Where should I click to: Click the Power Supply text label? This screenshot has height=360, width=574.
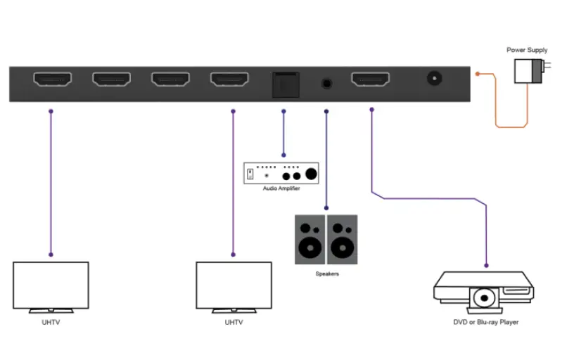click(527, 50)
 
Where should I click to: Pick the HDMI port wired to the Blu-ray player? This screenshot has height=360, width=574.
click(371, 80)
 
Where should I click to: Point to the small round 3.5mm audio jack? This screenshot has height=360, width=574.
click(326, 82)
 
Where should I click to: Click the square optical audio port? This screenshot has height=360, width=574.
click(283, 84)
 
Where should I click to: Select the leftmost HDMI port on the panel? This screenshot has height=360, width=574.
click(51, 80)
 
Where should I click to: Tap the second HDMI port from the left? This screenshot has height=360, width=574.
click(110, 80)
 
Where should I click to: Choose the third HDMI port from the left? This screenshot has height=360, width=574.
click(169, 80)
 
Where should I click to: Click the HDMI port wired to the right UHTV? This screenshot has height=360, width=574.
click(228, 80)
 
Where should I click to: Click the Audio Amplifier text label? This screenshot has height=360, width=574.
click(281, 188)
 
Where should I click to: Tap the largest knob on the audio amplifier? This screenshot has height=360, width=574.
click(310, 175)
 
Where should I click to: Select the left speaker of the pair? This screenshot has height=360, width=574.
click(309, 240)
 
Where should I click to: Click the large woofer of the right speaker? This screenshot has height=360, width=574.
click(343, 248)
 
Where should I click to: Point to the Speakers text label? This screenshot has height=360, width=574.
click(326, 274)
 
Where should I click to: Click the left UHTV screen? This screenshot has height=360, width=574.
click(51, 285)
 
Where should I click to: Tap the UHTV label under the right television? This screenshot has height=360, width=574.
click(234, 323)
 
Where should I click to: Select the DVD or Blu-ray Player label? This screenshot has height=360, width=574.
click(485, 323)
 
